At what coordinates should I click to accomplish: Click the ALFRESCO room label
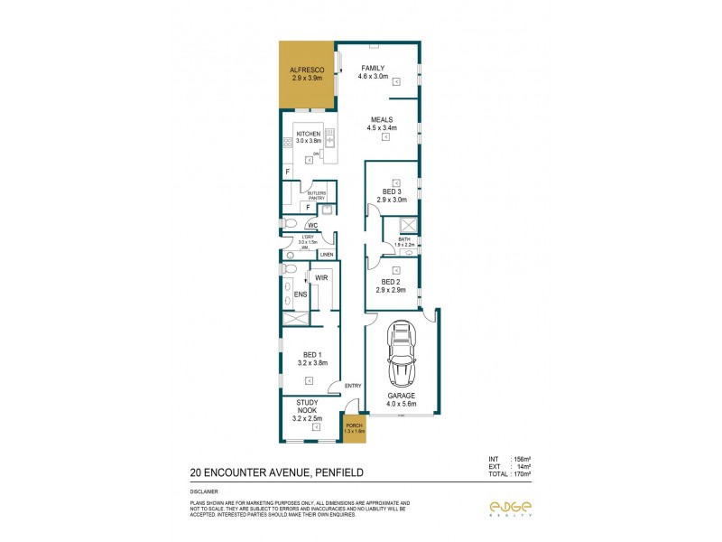click(x=307, y=70)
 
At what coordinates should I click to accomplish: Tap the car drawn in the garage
click(x=401, y=354)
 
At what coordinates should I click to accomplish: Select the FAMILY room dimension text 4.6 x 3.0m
click(x=374, y=77)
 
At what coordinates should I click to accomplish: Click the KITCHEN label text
click(x=309, y=134)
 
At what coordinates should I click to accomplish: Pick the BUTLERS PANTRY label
click(x=316, y=194)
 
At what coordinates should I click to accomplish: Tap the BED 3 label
click(x=392, y=192)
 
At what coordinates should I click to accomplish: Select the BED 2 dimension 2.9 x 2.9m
click(x=392, y=290)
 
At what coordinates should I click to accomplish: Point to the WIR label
click(x=320, y=278)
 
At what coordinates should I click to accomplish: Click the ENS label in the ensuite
click(x=302, y=294)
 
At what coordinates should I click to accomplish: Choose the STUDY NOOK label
click(x=307, y=408)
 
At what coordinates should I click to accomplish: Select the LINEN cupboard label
click(x=323, y=255)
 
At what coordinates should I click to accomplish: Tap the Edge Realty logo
click(x=510, y=508)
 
